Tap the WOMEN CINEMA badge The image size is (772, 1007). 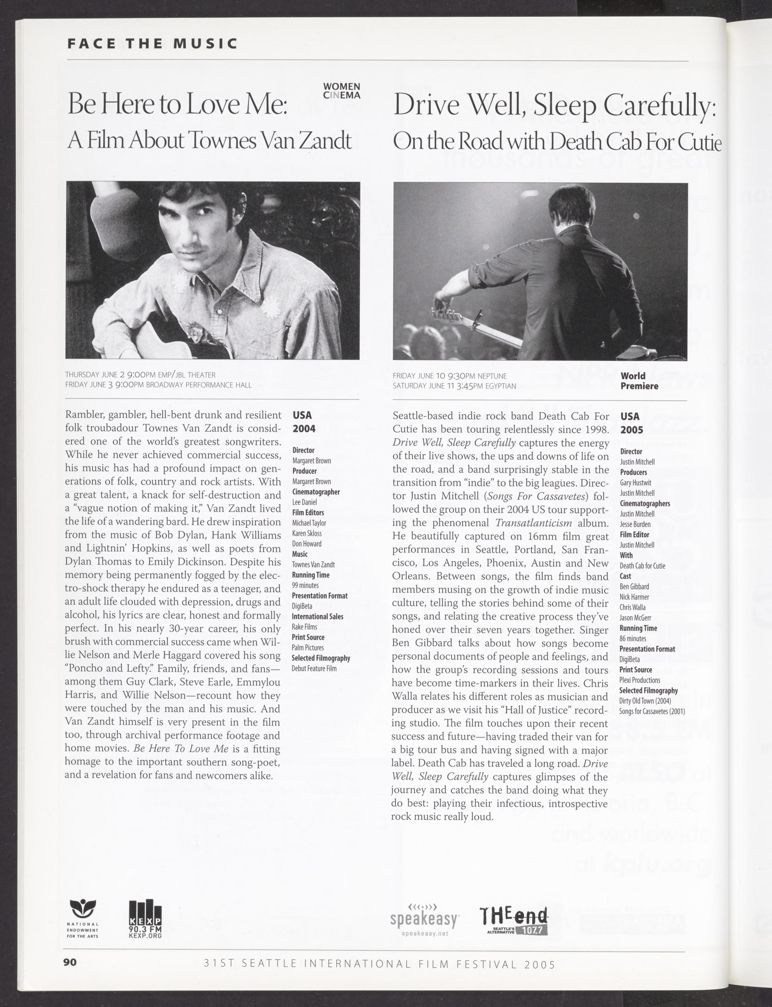pos(341,91)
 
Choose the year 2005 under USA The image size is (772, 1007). pos(631,430)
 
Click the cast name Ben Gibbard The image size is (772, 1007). pos(634,587)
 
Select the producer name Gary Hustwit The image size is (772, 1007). pos(635,483)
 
